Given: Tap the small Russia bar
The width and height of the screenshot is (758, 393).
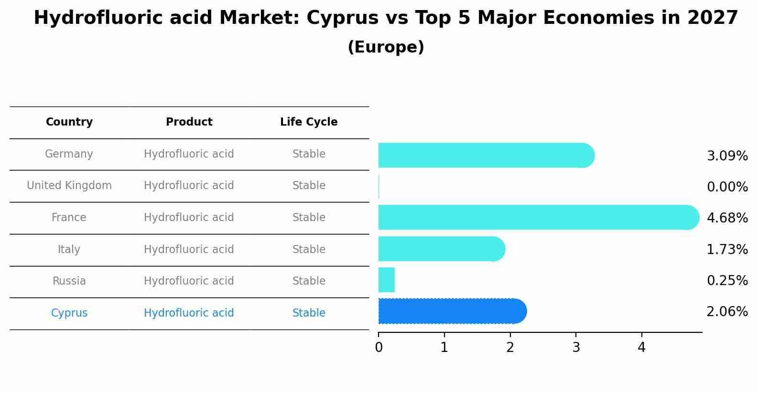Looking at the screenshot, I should coord(387,280).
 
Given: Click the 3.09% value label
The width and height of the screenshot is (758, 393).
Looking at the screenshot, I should coord(727,156).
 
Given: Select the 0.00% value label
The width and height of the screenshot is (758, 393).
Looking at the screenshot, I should coord(727,187).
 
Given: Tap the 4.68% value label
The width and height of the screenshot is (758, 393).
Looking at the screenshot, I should coord(727,218).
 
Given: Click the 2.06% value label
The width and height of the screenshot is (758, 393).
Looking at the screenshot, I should coord(727,312).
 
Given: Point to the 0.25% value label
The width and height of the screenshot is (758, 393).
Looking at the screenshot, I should coord(727,281).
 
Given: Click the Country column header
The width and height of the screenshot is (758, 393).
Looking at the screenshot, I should coord(69,122).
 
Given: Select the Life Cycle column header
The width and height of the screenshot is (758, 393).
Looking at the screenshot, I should coord(309,122).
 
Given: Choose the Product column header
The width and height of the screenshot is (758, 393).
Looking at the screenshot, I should coord(189,122).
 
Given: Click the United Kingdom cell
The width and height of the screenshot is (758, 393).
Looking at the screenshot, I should coord(69,186).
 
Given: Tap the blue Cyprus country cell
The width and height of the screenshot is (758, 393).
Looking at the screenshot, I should coord(69,313).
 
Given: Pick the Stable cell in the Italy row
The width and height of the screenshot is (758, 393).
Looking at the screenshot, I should coord(309,250).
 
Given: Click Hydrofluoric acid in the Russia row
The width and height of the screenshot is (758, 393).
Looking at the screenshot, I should coord(189,281).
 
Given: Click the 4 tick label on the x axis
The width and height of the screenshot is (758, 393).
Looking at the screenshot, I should coord(641,348).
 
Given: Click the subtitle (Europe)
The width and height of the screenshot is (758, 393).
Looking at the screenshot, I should coord(386,47).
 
